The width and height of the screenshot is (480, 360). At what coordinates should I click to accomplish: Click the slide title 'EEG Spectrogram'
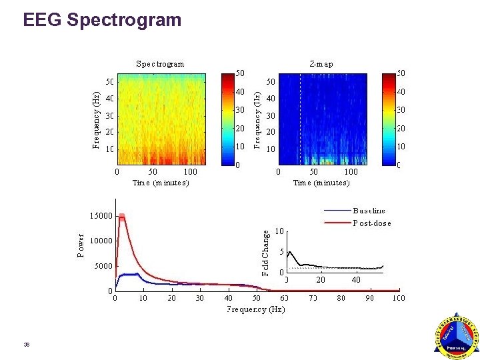[102, 20]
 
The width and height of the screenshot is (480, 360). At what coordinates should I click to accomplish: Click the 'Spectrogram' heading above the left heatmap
[160, 64]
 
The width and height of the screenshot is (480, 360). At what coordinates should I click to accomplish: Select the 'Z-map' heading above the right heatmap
[321, 64]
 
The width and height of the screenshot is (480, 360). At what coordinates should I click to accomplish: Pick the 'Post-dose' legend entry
[372, 223]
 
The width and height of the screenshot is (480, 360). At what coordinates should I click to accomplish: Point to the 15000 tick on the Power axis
[101, 216]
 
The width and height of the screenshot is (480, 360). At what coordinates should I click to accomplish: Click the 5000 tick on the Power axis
[103, 265]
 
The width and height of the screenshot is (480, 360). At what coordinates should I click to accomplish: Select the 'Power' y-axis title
[81, 245]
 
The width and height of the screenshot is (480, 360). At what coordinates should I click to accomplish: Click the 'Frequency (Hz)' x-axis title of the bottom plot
[256, 309]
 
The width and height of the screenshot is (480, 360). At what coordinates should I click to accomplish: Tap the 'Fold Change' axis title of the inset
[265, 253]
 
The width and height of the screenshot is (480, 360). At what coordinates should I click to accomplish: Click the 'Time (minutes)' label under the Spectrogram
[161, 182]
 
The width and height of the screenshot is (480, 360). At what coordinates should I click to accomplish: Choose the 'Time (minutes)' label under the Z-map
[321, 182]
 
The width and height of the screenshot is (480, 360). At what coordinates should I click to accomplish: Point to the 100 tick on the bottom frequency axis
[398, 298]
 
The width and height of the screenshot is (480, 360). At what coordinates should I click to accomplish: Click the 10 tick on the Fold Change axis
[280, 231]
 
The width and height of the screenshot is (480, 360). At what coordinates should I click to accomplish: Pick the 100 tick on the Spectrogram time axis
[191, 171]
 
